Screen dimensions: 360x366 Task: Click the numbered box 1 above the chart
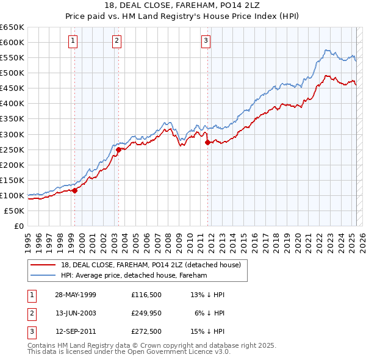click(x=73, y=41)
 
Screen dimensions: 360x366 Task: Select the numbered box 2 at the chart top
click(x=117, y=41)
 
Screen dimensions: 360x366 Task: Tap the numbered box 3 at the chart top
click(x=206, y=41)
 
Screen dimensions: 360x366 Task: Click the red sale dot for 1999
click(x=75, y=190)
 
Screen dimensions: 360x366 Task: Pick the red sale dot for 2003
click(x=118, y=149)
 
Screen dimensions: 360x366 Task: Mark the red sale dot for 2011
click(x=208, y=142)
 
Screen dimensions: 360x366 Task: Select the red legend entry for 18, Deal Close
click(x=151, y=265)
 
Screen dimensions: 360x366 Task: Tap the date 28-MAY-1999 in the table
click(x=76, y=295)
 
